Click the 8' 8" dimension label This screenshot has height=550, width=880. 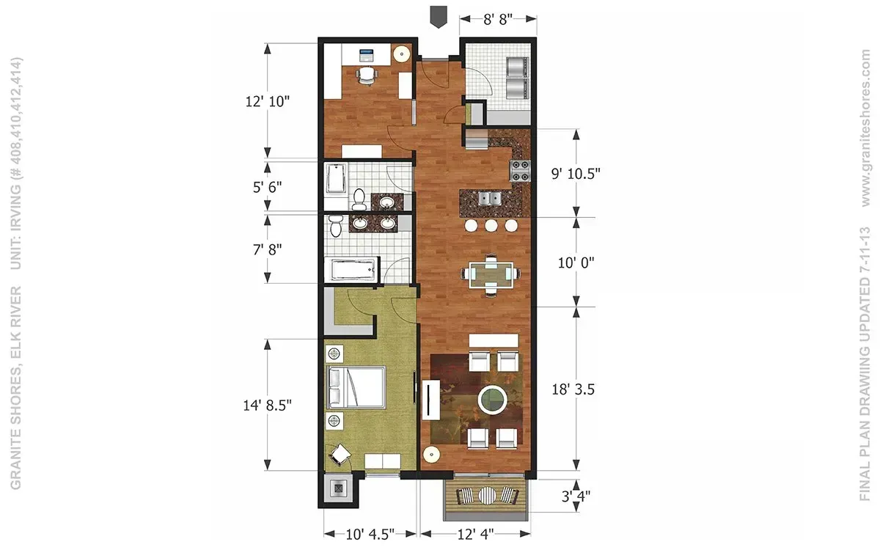pyautogui.click(x=498, y=18)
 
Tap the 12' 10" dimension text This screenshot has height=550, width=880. pyautogui.click(x=267, y=101)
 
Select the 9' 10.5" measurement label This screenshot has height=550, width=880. pyautogui.click(x=576, y=173)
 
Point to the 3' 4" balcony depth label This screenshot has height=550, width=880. pyautogui.click(x=576, y=496)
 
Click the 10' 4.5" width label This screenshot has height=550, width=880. pyautogui.click(x=370, y=535)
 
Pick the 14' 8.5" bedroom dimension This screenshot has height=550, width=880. pyautogui.click(x=267, y=405)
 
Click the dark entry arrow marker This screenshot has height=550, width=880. pyautogui.click(x=439, y=17)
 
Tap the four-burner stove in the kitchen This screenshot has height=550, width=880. pyautogui.click(x=520, y=171)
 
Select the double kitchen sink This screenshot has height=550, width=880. pyautogui.click(x=490, y=198)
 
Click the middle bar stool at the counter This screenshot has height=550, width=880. pyautogui.click(x=491, y=226)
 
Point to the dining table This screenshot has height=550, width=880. pyautogui.click(x=491, y=274)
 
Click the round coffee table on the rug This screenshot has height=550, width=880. pyautogui.click(x=492, y=400)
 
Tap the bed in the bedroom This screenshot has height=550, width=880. pyautogui.click(x=356, y=387)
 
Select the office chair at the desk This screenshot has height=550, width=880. pyautogui.click(x=367, y=76)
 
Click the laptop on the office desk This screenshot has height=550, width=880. pyautogui.click(x=367, y=56)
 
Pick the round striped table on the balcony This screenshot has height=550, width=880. pyautogui.click(x=487, y=496)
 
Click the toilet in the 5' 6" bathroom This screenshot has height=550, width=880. pyautogui.click(x=359, y=199)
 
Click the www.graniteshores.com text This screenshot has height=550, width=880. pyautogui.click(x=865, y=128)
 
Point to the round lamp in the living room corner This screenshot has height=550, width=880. pyautogui.click(x=431, y=455)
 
